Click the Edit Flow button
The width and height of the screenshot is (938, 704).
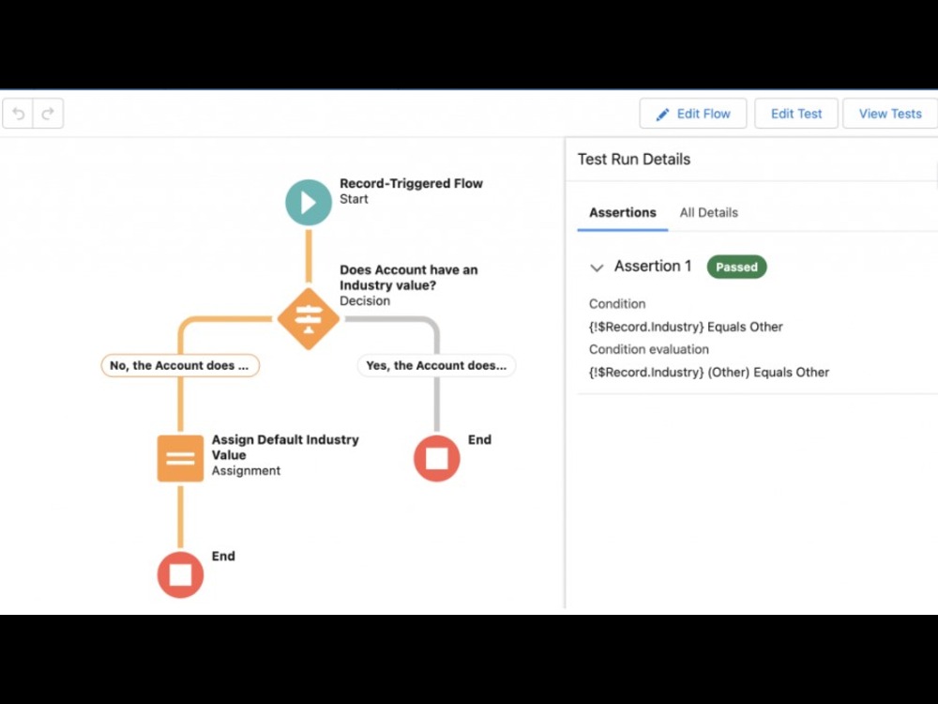(x=693, y=114)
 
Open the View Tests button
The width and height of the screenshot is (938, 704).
(x=890, y=114)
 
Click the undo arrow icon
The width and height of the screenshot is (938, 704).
(x=19, y=114)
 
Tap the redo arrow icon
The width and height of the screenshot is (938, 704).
(x=48, y=114)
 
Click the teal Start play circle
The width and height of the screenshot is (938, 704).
(x=309, y=203)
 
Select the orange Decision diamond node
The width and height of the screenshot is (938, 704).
(x=309, y=318)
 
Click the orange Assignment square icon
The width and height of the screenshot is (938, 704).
(x=180, y=459)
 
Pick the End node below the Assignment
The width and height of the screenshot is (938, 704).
(x=180, y=574)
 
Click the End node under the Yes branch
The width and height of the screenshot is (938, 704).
(x=437, y=459)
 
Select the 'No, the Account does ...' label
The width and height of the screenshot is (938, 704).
(x=180, y=365)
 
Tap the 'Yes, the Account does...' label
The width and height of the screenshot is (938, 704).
(x=437, y=365)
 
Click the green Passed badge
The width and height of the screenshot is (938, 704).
(x=736, y=267)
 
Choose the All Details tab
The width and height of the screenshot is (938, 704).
(x=709, y=212)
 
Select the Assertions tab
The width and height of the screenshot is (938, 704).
(x=623, y=212)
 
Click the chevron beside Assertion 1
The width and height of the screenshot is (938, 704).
(x=597, y=268)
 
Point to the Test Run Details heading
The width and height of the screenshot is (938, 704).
(x=634, y=160)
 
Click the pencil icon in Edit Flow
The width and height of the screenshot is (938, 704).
(x=662, y=115)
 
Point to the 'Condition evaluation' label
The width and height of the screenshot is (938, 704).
(x=649, y=349)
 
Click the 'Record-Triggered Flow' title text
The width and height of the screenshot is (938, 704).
(x=412, y=184)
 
